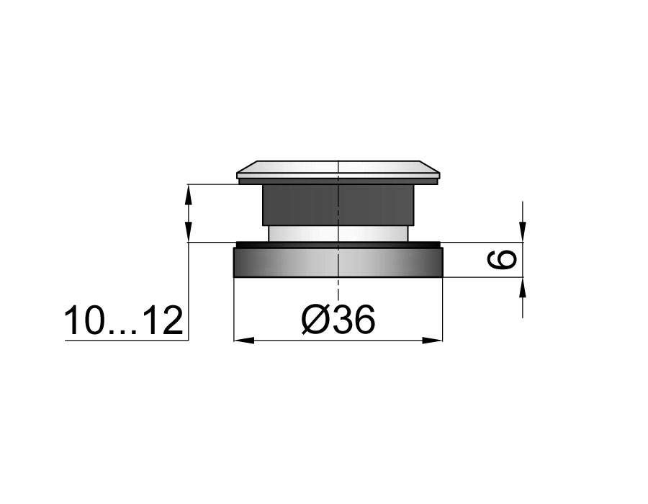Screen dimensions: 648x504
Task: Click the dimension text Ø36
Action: tap(338, 319)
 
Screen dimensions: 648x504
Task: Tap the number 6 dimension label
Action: tap(503, 260)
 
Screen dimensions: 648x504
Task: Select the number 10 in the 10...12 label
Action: tap(83, 320)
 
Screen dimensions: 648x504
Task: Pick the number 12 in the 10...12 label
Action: tap(164, 320)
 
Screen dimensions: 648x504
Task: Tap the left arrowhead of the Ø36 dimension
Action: tap(244, 341)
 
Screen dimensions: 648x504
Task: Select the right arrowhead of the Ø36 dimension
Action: tap(432, 341)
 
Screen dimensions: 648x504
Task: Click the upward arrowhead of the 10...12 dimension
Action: tap(188, 194)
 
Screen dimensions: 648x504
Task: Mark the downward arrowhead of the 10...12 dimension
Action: tap(188, 232)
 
